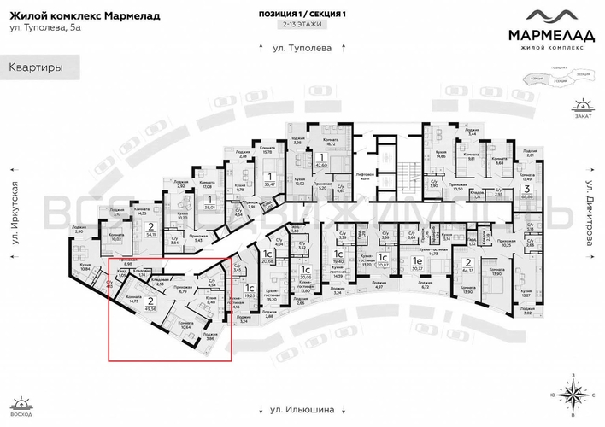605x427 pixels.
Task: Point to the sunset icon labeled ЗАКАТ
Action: coord(583,106)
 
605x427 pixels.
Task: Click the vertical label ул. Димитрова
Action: coord(590,209)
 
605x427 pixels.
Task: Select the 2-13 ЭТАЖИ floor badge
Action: coord(302,26)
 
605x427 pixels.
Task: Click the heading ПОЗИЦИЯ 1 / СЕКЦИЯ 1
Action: coord(302,14)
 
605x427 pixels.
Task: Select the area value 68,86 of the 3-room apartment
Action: coord(529,196)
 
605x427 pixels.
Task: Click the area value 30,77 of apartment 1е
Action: coord(418,269)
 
